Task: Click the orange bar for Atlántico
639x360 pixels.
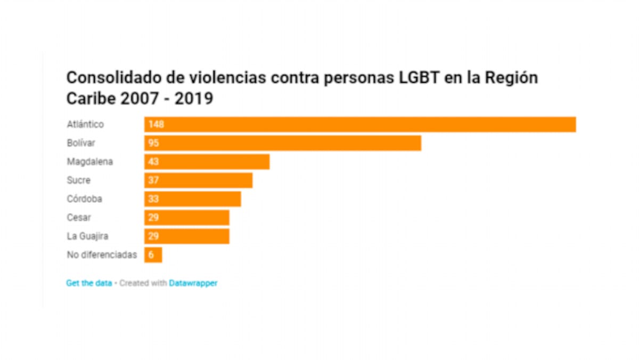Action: (x=360, y=125)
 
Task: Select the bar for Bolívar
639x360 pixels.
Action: (x=283, y=143)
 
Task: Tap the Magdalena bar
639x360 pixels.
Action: (x=207, y=162)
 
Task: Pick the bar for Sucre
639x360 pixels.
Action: (x=199, y=181)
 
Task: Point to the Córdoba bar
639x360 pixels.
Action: (x=193, y=199)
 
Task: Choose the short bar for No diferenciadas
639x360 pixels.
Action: (x=153, y=255)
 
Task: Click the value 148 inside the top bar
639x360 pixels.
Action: (x=157, y=125)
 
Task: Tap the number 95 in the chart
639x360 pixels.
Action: (x=154, y=143)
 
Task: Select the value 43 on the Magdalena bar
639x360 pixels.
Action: (x=154, y=162)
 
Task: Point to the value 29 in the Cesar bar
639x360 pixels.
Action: (x=154, y=218)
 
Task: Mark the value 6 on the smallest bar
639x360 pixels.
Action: (x=151, y=255)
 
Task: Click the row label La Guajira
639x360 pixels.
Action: (x=88, y=236)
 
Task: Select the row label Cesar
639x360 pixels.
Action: (x=79, y=218)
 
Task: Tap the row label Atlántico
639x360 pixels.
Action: (x=85, y=125)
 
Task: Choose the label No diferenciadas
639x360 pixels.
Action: (x=102, y=255)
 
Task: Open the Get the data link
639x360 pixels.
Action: (x=89, y=283)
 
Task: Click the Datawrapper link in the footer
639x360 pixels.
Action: (x=193, y=283)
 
